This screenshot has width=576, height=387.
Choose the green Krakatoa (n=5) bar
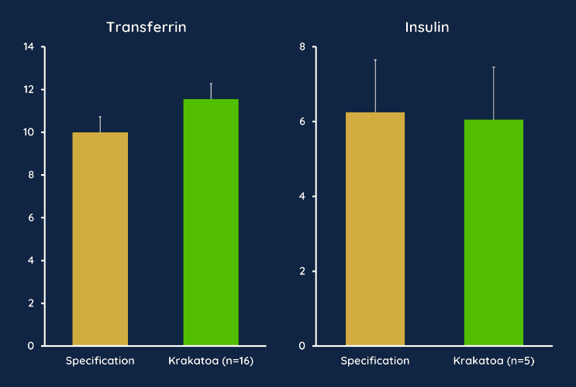(x=494, y=232)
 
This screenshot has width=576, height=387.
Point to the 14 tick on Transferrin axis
(x=29, y=47)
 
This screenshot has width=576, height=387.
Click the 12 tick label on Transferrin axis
(x=29, y=90)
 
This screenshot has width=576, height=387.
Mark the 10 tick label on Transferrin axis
(x=29, y=132)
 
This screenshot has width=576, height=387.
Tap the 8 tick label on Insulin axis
(x=302, y=47)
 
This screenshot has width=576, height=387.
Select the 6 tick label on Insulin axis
(x=302, y=122)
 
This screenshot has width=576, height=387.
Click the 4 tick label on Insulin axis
(x=302, y=197)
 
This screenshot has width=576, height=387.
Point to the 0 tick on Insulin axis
(x=302, y=346)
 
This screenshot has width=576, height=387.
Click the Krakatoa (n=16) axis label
(x=211, y=361)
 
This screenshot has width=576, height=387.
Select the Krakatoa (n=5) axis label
(x=494, y=361)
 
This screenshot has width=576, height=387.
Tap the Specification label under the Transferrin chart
(x=100, y=361)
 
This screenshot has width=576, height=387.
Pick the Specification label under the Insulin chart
(x=375, y=361)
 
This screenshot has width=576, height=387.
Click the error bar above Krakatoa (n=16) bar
(x=211, y=91)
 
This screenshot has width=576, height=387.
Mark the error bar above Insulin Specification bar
(x=375, y=85)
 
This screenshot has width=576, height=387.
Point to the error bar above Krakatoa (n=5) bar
(x=494, y=93)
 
